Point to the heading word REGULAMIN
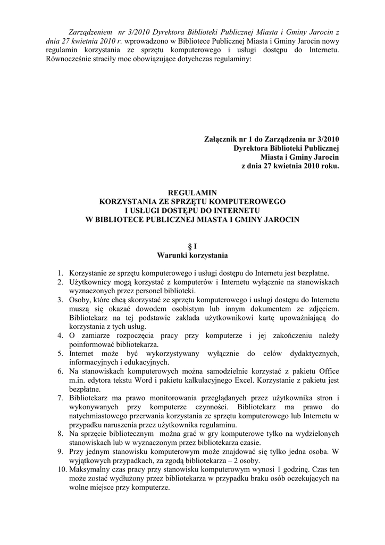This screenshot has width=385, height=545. pos(192,193)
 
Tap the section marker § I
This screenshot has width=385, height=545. pos(192,246)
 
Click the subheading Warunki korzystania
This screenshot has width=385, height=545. pos(192,255)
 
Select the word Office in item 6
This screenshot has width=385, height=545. pos(328,371)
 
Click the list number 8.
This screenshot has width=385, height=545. pos(61,434)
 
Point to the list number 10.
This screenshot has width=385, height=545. pos(60,470)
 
